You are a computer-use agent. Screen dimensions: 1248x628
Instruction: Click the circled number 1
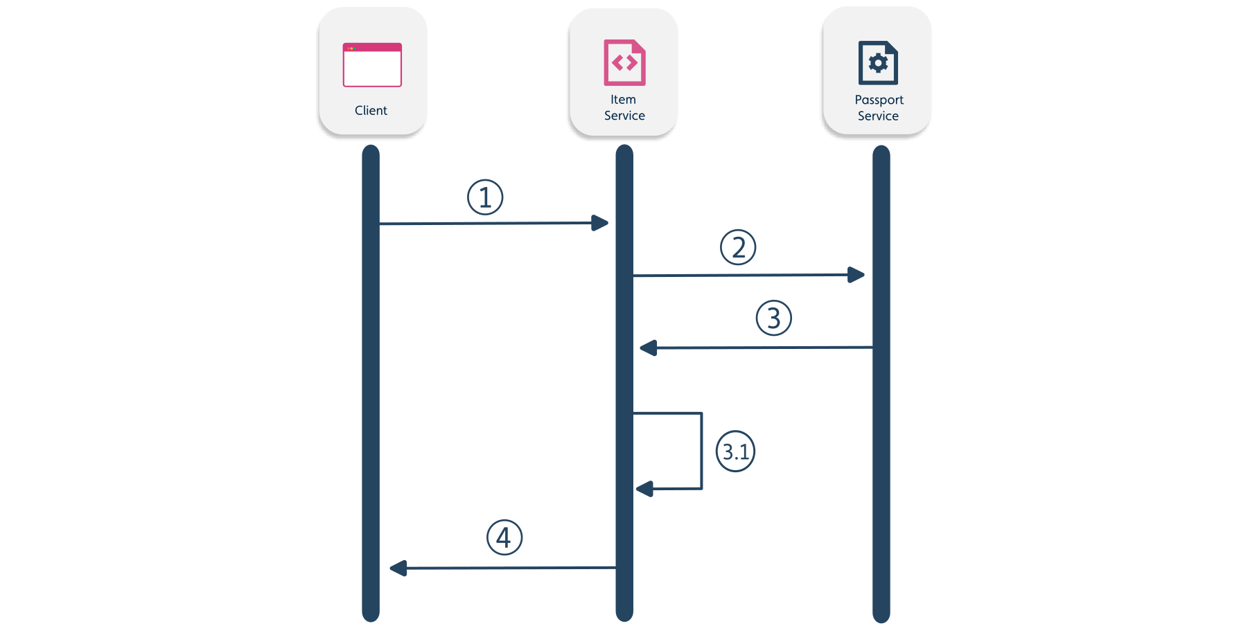(x=485, y=197)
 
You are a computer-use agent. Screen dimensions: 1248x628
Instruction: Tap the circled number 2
(x=738, y=247)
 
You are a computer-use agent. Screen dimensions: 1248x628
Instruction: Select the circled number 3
(x=773, y=318)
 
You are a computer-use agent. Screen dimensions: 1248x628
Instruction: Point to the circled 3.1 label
(x=735, y=451)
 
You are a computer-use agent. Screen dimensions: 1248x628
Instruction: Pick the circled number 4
(x=504, y=537)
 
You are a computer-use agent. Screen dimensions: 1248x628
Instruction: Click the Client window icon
(x=372, y=65)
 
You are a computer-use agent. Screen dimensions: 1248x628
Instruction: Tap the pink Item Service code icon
(x=624, y=62)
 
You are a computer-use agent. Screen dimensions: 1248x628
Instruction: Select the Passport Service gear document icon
(x=878, y=63)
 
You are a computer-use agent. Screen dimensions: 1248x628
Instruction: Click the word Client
(x=371, y=111)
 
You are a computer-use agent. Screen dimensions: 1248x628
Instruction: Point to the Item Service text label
(x=624, y=108)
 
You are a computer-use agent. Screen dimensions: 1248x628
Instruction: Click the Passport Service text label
(x=879, y=108)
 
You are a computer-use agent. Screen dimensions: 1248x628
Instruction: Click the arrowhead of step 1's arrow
(x=600, y=223)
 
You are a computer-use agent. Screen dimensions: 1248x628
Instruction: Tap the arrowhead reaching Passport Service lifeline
(x=856, y=275)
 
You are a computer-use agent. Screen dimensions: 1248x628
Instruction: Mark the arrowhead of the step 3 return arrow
(x=648, y=348)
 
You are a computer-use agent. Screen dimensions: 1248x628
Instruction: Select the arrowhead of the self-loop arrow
(x=644, y=489)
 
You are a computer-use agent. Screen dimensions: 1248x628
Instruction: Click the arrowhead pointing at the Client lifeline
(x=398, y=568)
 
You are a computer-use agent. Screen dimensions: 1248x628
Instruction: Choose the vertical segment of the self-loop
(x=701, y=451)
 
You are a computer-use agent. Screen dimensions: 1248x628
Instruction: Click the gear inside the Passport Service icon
(x=878, y=63)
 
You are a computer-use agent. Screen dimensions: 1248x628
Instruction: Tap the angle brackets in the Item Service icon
(x=624, y=63)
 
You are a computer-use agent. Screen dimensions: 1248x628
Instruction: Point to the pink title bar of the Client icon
(x=372, y=47)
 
